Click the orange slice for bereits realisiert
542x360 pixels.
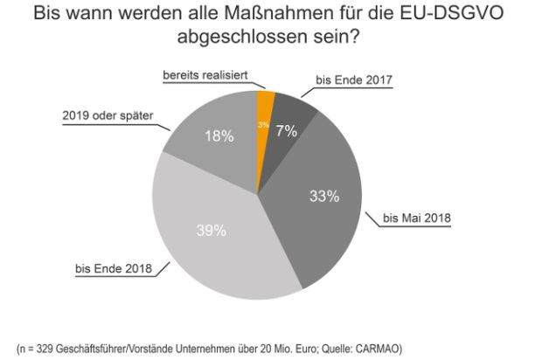[x=265, y=109]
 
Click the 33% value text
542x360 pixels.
[x=324, y=197]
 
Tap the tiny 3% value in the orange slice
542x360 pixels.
[x=263, y=126]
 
